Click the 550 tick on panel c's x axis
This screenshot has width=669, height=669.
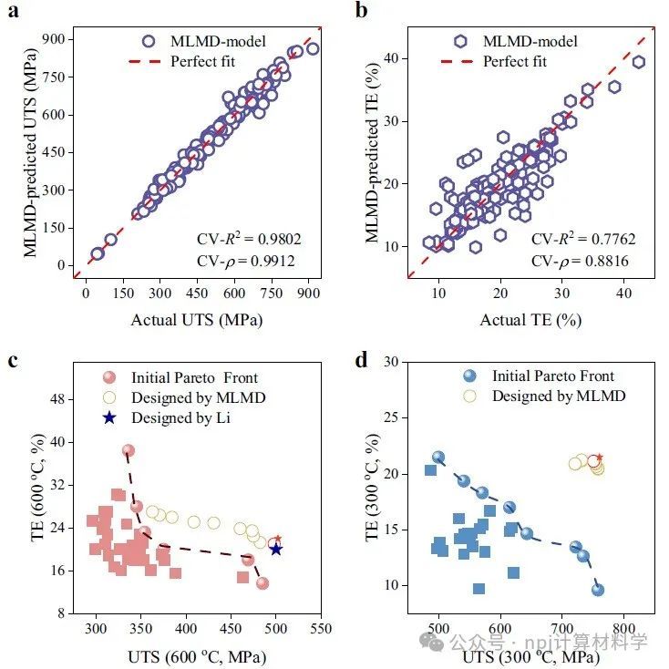[320, 630]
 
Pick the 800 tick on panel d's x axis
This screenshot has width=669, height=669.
[623, 630]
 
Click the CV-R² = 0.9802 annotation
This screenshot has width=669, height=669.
[249, 240]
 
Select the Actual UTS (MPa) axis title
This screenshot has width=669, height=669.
[199, 318]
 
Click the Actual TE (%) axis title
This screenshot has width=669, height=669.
[531, 318]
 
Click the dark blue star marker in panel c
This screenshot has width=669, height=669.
[276, 549]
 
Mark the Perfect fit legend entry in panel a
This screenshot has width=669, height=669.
[204, 61]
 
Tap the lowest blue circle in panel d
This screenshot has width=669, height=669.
[598, 590]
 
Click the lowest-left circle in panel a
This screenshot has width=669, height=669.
[98, 254]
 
